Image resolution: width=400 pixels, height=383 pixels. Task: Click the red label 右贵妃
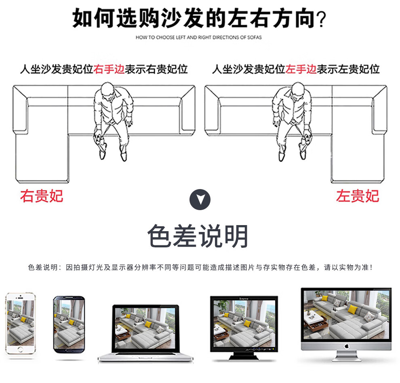coord(42,196)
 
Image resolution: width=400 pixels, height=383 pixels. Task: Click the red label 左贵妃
coord(357,196)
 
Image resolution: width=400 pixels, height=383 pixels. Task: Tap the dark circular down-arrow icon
coord(200,199)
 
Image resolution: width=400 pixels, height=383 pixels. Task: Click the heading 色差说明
coord(198,237)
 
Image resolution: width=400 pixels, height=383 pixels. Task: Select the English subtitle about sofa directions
coord(198,37)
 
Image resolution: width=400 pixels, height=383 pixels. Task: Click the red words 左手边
coord(301,69)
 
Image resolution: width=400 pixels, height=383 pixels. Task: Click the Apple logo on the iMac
coord(346,346)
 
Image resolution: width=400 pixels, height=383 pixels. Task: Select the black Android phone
coord(69,328)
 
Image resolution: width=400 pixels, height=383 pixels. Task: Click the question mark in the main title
coord(321,19)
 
